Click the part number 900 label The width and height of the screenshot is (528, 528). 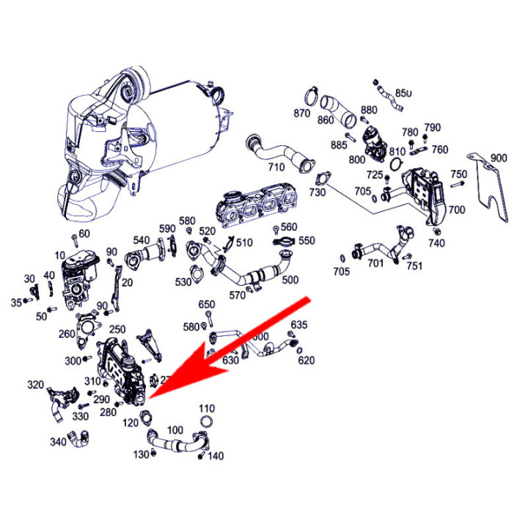pos(499,158)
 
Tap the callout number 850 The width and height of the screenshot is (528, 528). pos(404,93)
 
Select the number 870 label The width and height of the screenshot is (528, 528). pos(302,114)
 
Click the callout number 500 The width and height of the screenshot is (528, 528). pos(290,279)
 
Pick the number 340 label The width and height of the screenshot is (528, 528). pos(58,441)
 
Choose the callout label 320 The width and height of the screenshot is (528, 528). pos(35,384)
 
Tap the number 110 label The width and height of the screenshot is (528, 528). pos(206,408)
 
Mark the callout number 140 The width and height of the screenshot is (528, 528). pos(215,456)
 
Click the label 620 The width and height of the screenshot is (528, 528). pos(306,360)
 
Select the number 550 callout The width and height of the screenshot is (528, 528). pos(307,241)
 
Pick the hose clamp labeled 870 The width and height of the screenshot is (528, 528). pos(311,96)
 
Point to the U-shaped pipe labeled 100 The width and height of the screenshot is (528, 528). pos(176,441)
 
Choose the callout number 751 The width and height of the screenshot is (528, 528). pos(414,265)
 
